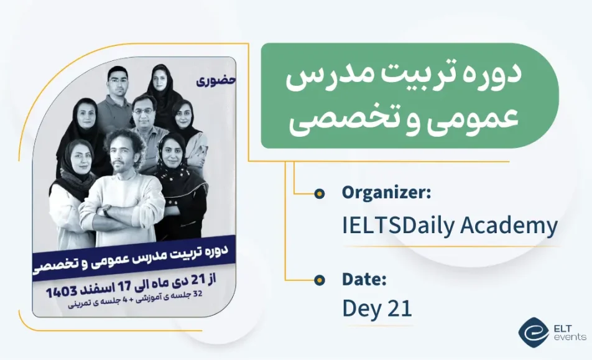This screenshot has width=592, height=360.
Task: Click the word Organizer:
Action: coord(386,193)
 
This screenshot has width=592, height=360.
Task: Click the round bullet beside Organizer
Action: coord(319,193)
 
